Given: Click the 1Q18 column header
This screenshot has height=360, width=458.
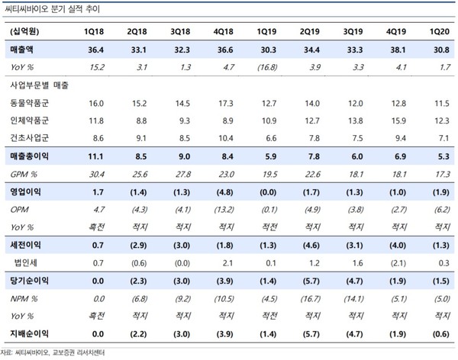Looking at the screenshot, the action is (x=94, y=31).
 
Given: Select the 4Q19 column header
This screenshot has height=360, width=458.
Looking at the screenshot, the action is (x=396, y=31).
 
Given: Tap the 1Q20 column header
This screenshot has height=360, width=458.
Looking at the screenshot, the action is (x=440, y=31).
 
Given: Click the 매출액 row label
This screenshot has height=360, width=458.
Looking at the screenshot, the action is (x=21, y=50).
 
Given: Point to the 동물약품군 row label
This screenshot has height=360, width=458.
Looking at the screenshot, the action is (x=29, y=103).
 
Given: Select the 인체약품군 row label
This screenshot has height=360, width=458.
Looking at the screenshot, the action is (x=29, y=121).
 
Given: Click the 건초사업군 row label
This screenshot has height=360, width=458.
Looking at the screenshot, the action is (x=29, y=138).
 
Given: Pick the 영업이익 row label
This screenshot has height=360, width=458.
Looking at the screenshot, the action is (x=25, y=192).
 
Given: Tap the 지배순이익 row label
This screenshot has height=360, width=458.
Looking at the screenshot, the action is (x=29, y=333).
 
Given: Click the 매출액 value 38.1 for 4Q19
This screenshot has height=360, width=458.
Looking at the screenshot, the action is (x=398, y=50).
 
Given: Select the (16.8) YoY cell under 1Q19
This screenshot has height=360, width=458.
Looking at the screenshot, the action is (x=267, y=67).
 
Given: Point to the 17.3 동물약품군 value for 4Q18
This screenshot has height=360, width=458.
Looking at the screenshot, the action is (x=226, y=104).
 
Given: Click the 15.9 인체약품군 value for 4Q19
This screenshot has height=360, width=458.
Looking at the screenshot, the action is (x=398, y=121).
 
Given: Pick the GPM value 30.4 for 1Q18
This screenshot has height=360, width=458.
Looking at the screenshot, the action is (x=97, y=175).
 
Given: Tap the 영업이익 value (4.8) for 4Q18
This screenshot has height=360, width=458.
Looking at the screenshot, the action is (x=224, y=192).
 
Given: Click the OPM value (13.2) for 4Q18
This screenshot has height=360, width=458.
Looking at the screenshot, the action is (x=224, y=210).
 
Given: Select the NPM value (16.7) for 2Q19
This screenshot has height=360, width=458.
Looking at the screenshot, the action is (x=311, y=299).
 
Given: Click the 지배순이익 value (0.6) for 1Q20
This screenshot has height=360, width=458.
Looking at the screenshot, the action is (x=440, y=334).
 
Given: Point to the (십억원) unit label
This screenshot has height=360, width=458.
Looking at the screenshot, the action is (x=24, y=31).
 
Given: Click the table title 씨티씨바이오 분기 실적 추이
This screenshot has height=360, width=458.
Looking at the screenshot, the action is (x=53, y=9).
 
